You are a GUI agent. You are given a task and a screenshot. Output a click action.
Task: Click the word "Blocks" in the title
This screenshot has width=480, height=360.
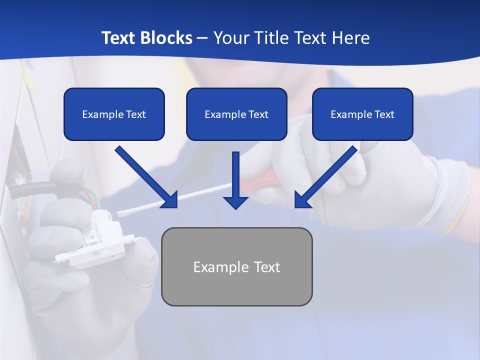pos(167,38)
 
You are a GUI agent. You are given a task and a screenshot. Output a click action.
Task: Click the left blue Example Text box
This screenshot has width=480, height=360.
pos(114,114)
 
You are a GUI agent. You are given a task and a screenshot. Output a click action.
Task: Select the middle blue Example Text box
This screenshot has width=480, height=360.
pos(236,114)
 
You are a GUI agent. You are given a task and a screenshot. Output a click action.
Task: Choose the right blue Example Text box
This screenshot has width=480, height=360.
pos(362,114)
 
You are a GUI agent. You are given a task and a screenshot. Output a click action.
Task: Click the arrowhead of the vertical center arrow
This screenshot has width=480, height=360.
pos(235,202)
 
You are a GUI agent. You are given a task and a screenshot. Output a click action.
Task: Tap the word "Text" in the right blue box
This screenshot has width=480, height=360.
pos(384,114)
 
